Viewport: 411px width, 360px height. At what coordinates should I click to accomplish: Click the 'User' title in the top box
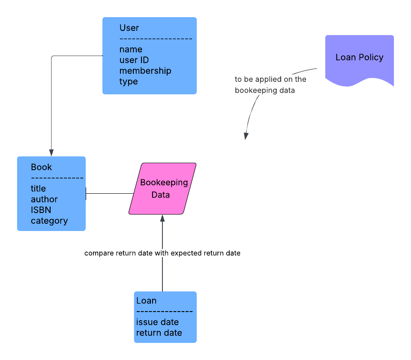[129, 28]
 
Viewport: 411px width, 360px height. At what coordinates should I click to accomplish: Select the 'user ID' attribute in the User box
[134, 60]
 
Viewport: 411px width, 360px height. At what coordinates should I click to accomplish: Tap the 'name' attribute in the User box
[131, 49]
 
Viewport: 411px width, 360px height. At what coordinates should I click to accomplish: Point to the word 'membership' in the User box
[145, 71]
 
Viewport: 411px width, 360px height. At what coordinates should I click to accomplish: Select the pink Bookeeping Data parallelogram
[163, 189]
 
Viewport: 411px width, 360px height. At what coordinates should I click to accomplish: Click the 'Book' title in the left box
[41, 167]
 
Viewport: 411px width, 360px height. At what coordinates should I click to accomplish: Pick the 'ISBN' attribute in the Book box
[41, 210]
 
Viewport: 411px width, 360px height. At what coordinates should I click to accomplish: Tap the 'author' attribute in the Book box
[44, 199]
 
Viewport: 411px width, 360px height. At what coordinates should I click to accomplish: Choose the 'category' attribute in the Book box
[49, 221]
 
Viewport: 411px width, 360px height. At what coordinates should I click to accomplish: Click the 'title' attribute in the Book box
[38, 189]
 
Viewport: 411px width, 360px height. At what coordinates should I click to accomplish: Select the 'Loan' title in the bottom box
[146, 300]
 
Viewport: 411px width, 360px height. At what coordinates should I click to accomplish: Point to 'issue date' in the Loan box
[157, 322]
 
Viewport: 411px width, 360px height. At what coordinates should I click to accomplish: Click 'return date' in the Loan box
[159, 333]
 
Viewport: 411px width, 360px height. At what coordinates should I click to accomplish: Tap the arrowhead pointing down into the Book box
[51, 153]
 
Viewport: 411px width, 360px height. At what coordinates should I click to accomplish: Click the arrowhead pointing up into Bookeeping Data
[162, 218]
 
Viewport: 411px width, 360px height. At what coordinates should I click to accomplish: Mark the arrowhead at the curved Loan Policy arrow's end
[246, 136]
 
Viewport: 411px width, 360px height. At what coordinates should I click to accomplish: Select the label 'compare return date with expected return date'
[162, 253]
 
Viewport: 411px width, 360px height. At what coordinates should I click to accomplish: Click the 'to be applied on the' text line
[270, 79]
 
